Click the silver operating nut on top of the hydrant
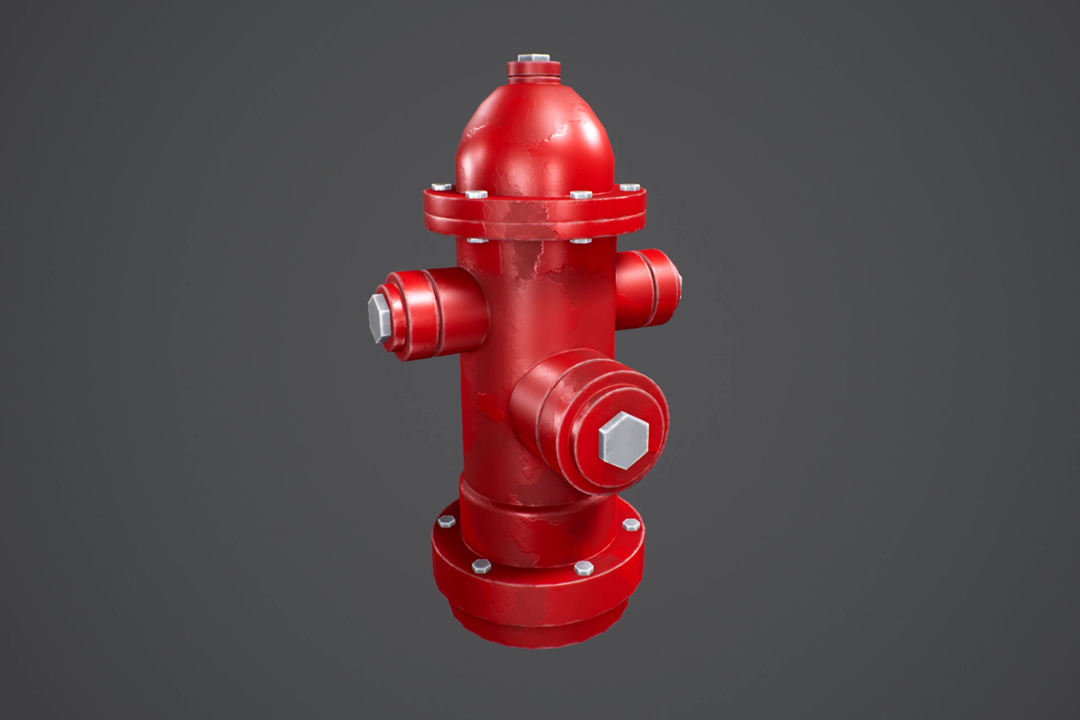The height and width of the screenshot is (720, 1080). click(x=533, y=58)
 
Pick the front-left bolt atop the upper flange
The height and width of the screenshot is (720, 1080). click(x=476, y=195)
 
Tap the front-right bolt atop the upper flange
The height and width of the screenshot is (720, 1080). click(x=580, y=196)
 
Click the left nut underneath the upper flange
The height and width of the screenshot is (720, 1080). click(x=476, y=241)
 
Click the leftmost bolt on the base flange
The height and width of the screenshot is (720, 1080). click(x=446, y=521)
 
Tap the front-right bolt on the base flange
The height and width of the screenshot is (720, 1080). click(x=583, y=568)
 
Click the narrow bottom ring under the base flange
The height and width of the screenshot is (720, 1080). click(x=534, y=629)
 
